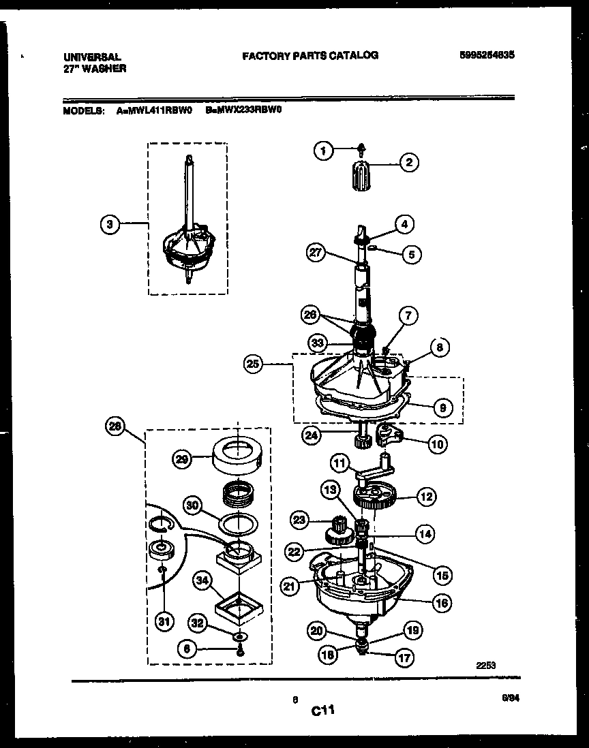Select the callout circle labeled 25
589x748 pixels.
254,364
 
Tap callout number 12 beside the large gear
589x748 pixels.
426,497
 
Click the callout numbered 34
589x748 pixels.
201,581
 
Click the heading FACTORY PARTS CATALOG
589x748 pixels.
310,55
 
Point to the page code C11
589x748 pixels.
323,711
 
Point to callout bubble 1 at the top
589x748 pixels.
324,152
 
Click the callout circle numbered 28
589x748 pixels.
117,427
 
